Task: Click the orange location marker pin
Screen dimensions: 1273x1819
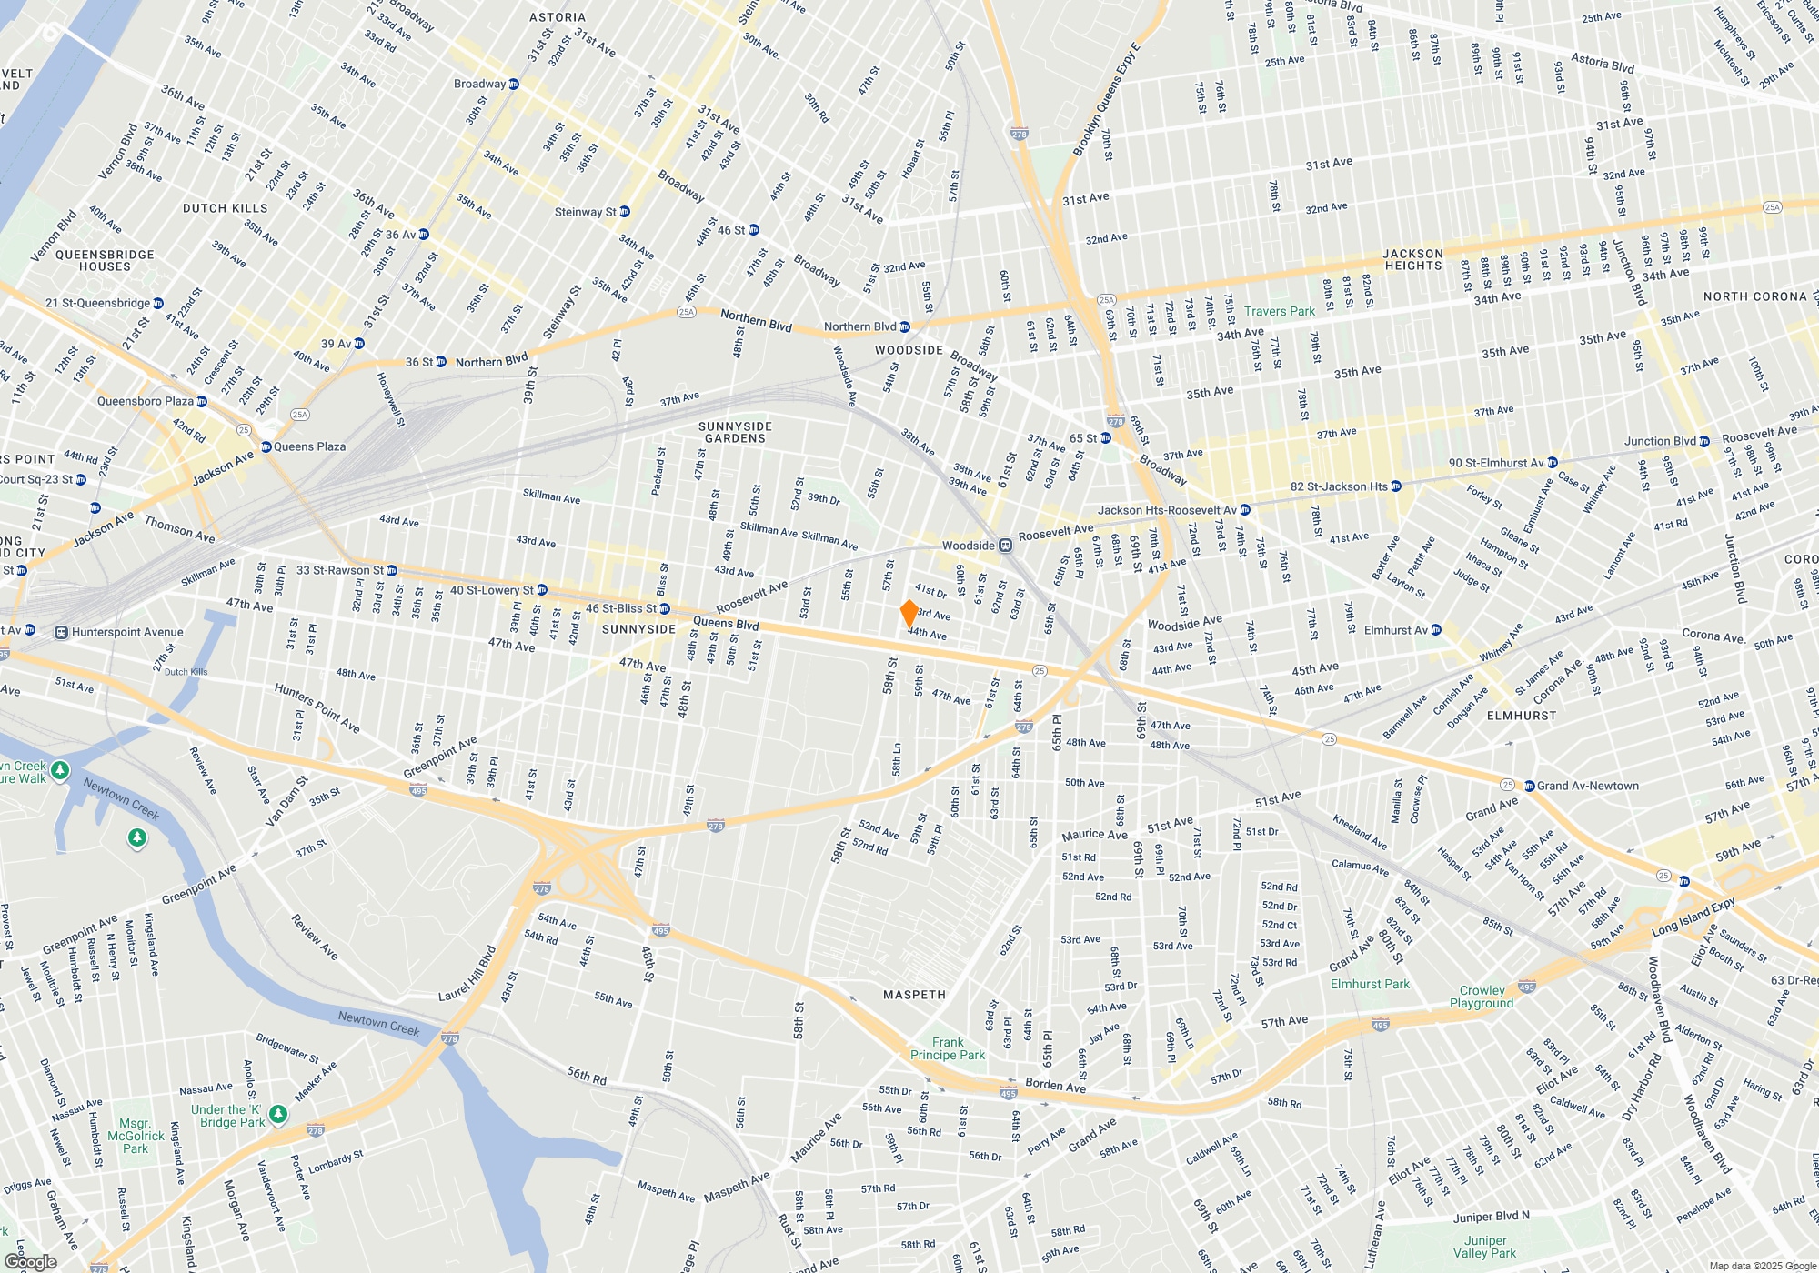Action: click(909, 613)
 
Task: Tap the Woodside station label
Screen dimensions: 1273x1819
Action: click(968, 546)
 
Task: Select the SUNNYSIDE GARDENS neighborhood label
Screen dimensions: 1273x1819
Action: click(735, 432)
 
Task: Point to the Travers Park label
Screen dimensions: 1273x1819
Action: click(1279, 311)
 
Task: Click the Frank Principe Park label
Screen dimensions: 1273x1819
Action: click(947, 1048)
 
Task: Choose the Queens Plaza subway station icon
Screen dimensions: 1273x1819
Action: click(266, 446)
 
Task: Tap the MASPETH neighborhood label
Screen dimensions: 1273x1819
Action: click(914, 995)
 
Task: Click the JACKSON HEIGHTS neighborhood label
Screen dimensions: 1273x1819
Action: click(1412, 260)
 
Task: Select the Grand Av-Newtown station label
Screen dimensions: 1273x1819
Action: click(1587, 786)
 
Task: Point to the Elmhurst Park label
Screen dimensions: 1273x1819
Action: click(1370, 984)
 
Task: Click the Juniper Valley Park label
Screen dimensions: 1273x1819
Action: click(1484, 1247)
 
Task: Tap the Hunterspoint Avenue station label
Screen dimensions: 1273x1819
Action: click(127, 632)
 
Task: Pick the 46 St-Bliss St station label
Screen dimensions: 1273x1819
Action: click(620, 608)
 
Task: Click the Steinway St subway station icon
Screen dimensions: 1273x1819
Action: click(624, 212)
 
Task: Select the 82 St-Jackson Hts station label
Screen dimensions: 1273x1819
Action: click(1339, 486)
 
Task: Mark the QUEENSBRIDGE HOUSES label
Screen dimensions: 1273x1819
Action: click(105, 260)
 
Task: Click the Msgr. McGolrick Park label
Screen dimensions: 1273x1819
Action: click(136, 1136)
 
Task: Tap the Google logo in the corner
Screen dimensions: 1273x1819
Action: click(31, 1262)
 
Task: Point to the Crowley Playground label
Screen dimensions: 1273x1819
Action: click(1482, 997)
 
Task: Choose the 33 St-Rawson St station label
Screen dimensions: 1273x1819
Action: click(339, 570)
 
